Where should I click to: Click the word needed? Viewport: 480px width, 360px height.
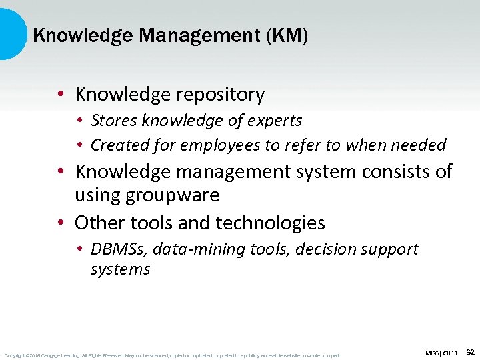(420, 145)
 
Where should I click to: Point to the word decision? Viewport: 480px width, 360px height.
(322, 249)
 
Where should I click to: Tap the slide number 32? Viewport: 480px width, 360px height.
(470, 351)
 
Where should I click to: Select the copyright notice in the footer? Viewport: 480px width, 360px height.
(171, 355)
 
